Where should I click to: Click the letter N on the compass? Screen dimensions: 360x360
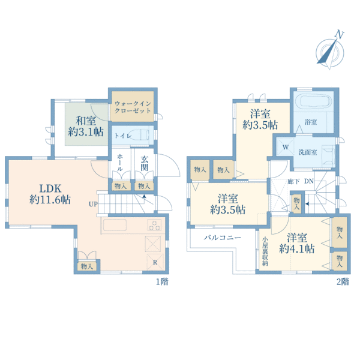point(340,34)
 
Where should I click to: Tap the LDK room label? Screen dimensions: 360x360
point(50,189)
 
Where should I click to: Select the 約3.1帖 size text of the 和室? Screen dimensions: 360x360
point(86,132)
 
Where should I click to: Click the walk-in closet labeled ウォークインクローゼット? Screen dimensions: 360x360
point(133,107)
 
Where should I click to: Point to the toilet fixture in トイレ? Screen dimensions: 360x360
point(139,135)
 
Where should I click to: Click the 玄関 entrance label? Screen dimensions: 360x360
point(145,163)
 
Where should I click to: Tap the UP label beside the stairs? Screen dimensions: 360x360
point(93,204)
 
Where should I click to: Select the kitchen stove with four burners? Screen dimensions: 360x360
point(154,225)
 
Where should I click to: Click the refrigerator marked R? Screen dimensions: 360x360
point(155,262)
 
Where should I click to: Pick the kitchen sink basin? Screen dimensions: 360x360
point(115,225)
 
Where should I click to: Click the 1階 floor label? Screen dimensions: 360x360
point(162,281)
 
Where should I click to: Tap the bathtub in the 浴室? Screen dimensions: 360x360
point(314,101)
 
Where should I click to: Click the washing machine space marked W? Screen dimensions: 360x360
point(286,147)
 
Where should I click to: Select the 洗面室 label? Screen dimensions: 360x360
point(308,152)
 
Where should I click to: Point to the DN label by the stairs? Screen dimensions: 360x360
point(309,181)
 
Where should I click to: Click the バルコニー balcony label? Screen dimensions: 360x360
point(222,238)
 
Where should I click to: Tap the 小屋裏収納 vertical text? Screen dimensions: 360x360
point(265,251)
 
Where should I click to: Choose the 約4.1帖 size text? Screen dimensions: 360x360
point(296,248)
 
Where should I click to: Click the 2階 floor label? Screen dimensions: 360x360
point(343,281)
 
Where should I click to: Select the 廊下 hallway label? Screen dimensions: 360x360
point(293,181)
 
